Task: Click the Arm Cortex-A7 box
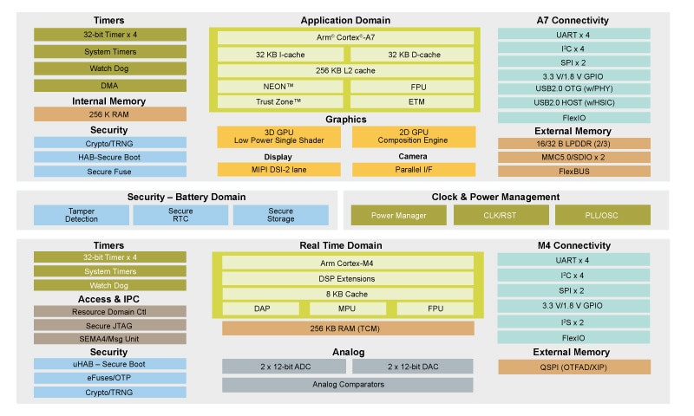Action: (x=345, y=37)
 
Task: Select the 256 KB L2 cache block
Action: (x=345, y=71)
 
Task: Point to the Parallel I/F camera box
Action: (x=413, y=170)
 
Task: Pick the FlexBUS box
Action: (x=573, y=171)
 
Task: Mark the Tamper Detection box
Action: (x=82, y=215)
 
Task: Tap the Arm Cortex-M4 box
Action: (x=347, y=263)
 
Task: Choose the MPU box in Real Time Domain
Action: (x=347, y=309)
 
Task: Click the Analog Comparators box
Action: (x=347, y=384)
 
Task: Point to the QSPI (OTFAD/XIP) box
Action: (x=573, y=367)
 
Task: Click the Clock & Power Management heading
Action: (x=495, y=197)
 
